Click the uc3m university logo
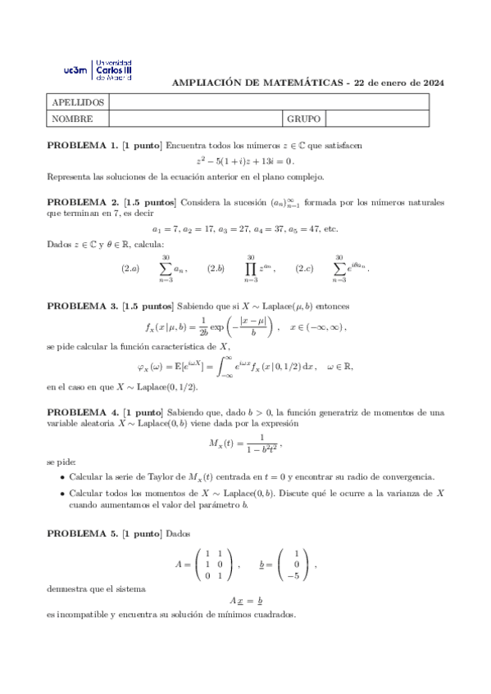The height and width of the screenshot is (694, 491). (98, 70)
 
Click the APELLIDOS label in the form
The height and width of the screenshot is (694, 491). (77, 102)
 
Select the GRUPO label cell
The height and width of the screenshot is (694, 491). (303, 119)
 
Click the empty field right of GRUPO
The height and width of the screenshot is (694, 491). (375, 119)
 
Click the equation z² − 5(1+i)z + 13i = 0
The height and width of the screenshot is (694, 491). (245, 161)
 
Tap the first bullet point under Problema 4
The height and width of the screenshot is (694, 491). (63, 477)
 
